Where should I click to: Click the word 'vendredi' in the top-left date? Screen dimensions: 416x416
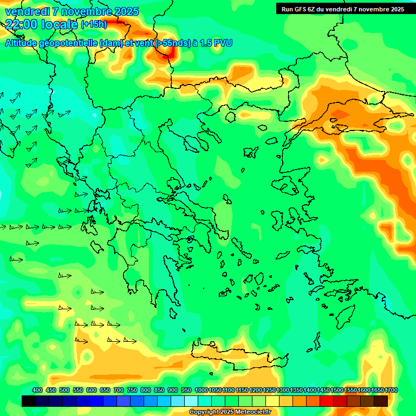pos(24,11)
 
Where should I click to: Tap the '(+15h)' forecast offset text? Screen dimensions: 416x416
pos(94,24)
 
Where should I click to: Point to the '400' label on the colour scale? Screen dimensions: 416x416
pos(37,390)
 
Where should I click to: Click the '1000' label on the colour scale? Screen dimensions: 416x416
pos(201,390)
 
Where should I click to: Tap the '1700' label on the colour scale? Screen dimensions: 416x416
pos(391,390)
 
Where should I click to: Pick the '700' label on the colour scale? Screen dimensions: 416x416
pos(119,390)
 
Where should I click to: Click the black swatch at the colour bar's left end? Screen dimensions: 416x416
pos(29,401)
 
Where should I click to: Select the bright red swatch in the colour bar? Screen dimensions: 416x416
pos(327,401)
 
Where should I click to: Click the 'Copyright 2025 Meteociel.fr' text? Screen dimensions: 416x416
pos(229,412)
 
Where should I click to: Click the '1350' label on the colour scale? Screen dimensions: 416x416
pos(296,390)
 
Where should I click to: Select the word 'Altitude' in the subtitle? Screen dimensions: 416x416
pos(23,43)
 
